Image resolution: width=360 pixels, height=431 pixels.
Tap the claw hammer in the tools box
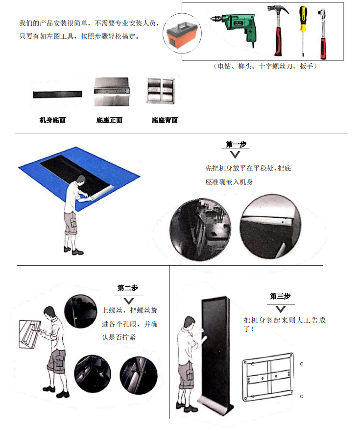(x=278, y=30)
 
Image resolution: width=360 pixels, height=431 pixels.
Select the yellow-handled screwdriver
(x=303, y=30)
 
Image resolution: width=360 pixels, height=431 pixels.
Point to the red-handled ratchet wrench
(x=323, y=33)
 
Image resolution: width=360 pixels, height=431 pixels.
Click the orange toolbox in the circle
(x=182, y=34)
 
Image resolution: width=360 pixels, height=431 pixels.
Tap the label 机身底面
(x=52, y=120)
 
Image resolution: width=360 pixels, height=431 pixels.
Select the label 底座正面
(x=109, y=120)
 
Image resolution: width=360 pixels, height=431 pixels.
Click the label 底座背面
(x=165, y=120)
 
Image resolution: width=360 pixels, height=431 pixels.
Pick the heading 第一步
(x=236, y=144)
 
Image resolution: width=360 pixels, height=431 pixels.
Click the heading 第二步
(x=128, y=288)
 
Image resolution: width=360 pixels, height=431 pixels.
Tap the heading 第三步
(x=280, y=296)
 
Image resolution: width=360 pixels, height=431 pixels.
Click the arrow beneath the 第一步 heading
(x=235, y=154)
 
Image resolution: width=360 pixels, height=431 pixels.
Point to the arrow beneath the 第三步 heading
(x=280, y=309)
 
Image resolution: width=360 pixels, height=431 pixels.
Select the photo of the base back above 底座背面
(x=161, y=91)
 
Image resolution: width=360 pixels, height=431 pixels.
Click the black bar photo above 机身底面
(x=58, y=94)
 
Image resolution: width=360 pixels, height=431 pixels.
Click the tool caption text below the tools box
(x=265, y=66)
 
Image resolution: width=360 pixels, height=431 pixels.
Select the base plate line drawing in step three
(x=268, y=376)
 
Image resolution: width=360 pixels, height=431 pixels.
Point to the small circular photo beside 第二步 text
(x=80, y=311)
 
